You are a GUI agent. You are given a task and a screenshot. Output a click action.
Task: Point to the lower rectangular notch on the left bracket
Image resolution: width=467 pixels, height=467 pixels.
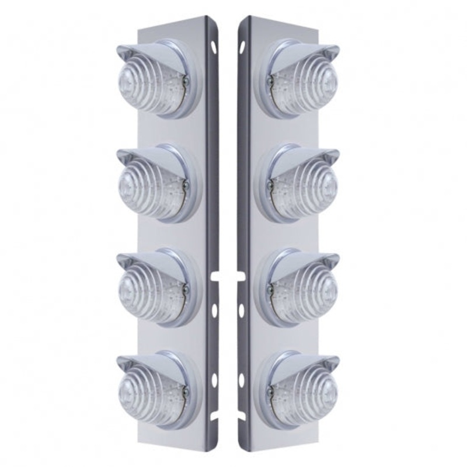pyautogui.click(x=216, y=417)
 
